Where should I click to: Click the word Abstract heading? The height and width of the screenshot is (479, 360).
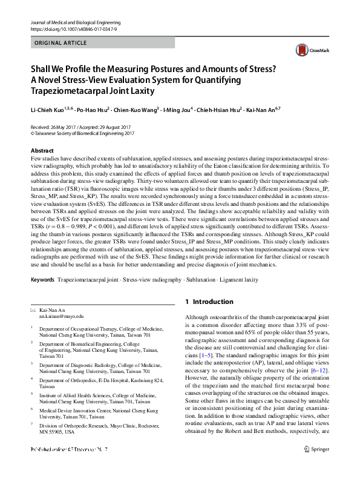tap(42, 150)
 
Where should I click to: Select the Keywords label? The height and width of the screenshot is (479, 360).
tap(42, 280)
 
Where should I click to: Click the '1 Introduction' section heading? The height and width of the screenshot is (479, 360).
tap(209, 302)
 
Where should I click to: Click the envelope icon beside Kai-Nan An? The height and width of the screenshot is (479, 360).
tap(33, 310)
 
